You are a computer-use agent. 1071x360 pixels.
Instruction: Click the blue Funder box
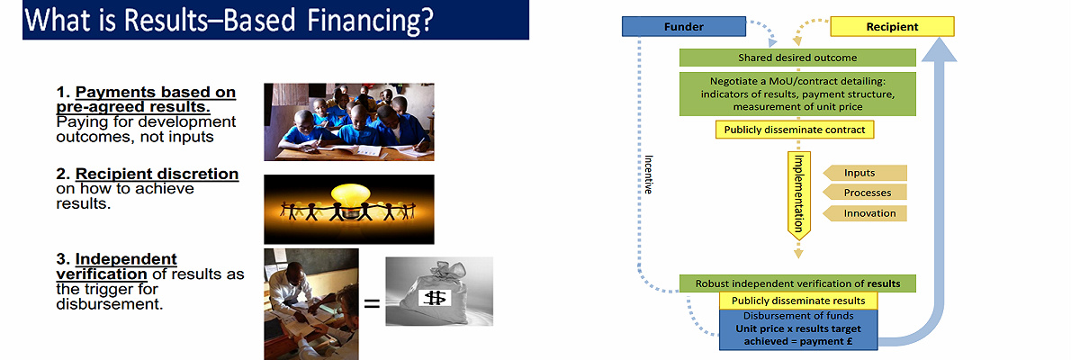[x=683, y=27]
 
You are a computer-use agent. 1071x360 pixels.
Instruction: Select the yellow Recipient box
[x=891, y=27]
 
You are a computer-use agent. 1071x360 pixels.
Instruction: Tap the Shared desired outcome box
[x=797, y=58]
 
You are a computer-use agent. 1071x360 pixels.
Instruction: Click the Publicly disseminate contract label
[x=795, y=130]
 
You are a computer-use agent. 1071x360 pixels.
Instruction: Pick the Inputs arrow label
[x=865, y=172]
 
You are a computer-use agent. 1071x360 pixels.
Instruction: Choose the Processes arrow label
[x=865, y=193]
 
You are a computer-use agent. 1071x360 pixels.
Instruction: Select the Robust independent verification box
[x=797, y=283]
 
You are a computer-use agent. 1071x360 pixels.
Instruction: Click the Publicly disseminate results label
[x=797, y=301]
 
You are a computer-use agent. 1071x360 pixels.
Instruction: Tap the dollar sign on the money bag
[x=438, y=297]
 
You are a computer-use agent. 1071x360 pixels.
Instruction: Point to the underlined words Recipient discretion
[x=157, y=174]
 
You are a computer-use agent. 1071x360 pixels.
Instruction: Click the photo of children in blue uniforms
[x=348, y=121]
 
